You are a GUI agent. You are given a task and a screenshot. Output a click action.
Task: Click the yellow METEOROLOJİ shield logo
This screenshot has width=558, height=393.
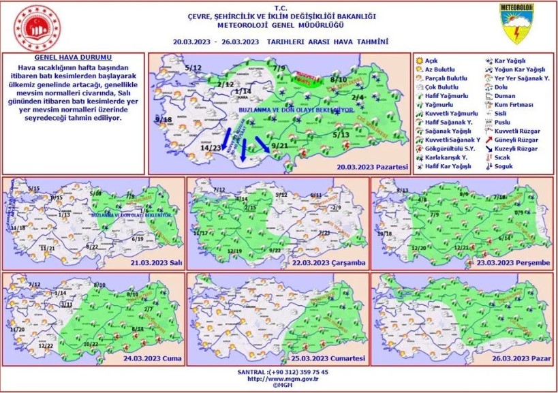point(516,25)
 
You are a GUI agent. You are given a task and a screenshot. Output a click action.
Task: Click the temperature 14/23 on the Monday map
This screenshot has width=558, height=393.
point(211,147)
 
